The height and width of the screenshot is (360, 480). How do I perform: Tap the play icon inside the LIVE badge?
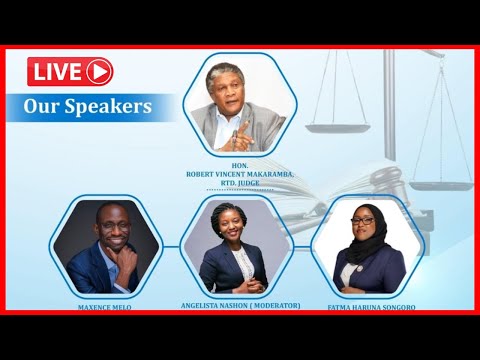[x=98, y=71]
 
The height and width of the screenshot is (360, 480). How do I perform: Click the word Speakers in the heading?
[x=116, y=106]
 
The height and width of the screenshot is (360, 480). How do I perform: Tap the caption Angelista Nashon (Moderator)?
[x=240, y=305]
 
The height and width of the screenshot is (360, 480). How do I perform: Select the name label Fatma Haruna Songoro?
[x=372, y=307]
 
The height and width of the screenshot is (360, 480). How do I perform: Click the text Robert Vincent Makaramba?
[x=240, y=173]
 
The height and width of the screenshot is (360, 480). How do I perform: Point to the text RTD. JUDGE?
[x=240, y=181]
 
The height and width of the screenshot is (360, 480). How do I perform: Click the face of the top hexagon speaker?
[x=232, y=93]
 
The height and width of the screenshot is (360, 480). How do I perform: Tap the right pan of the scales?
[x=440, y=185]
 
